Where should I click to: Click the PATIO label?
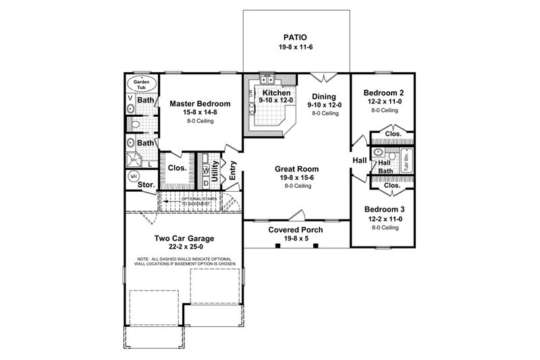pyautogui.click(x=296, y=36)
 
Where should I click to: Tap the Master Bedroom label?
pyautogui.click(x=200, y=103)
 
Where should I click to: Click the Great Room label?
pyautogui.click(x=296, y=169)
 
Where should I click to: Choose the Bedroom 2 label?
pyautogui.click(x=383, y=93)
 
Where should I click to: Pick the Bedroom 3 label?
pyautogui.click(x=383, y=209)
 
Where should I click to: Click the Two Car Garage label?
pyautogui.click(x=184, y=238)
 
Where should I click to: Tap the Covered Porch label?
pyautogui.click(x=296, y=230)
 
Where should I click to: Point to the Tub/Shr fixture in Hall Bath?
pyautogui.click(x=407, y=163)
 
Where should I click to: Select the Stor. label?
pyautogui.click(x=146, y=184)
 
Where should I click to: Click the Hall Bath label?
pyautogui.click(x=384, y=167)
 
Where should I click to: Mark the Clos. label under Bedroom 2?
pyautogui.click(x=393, y=134)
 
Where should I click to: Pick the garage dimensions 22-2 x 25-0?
pyautogui.click(x=184, y=248)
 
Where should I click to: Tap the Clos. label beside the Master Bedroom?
pyautogui.click(x=177, y=168)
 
